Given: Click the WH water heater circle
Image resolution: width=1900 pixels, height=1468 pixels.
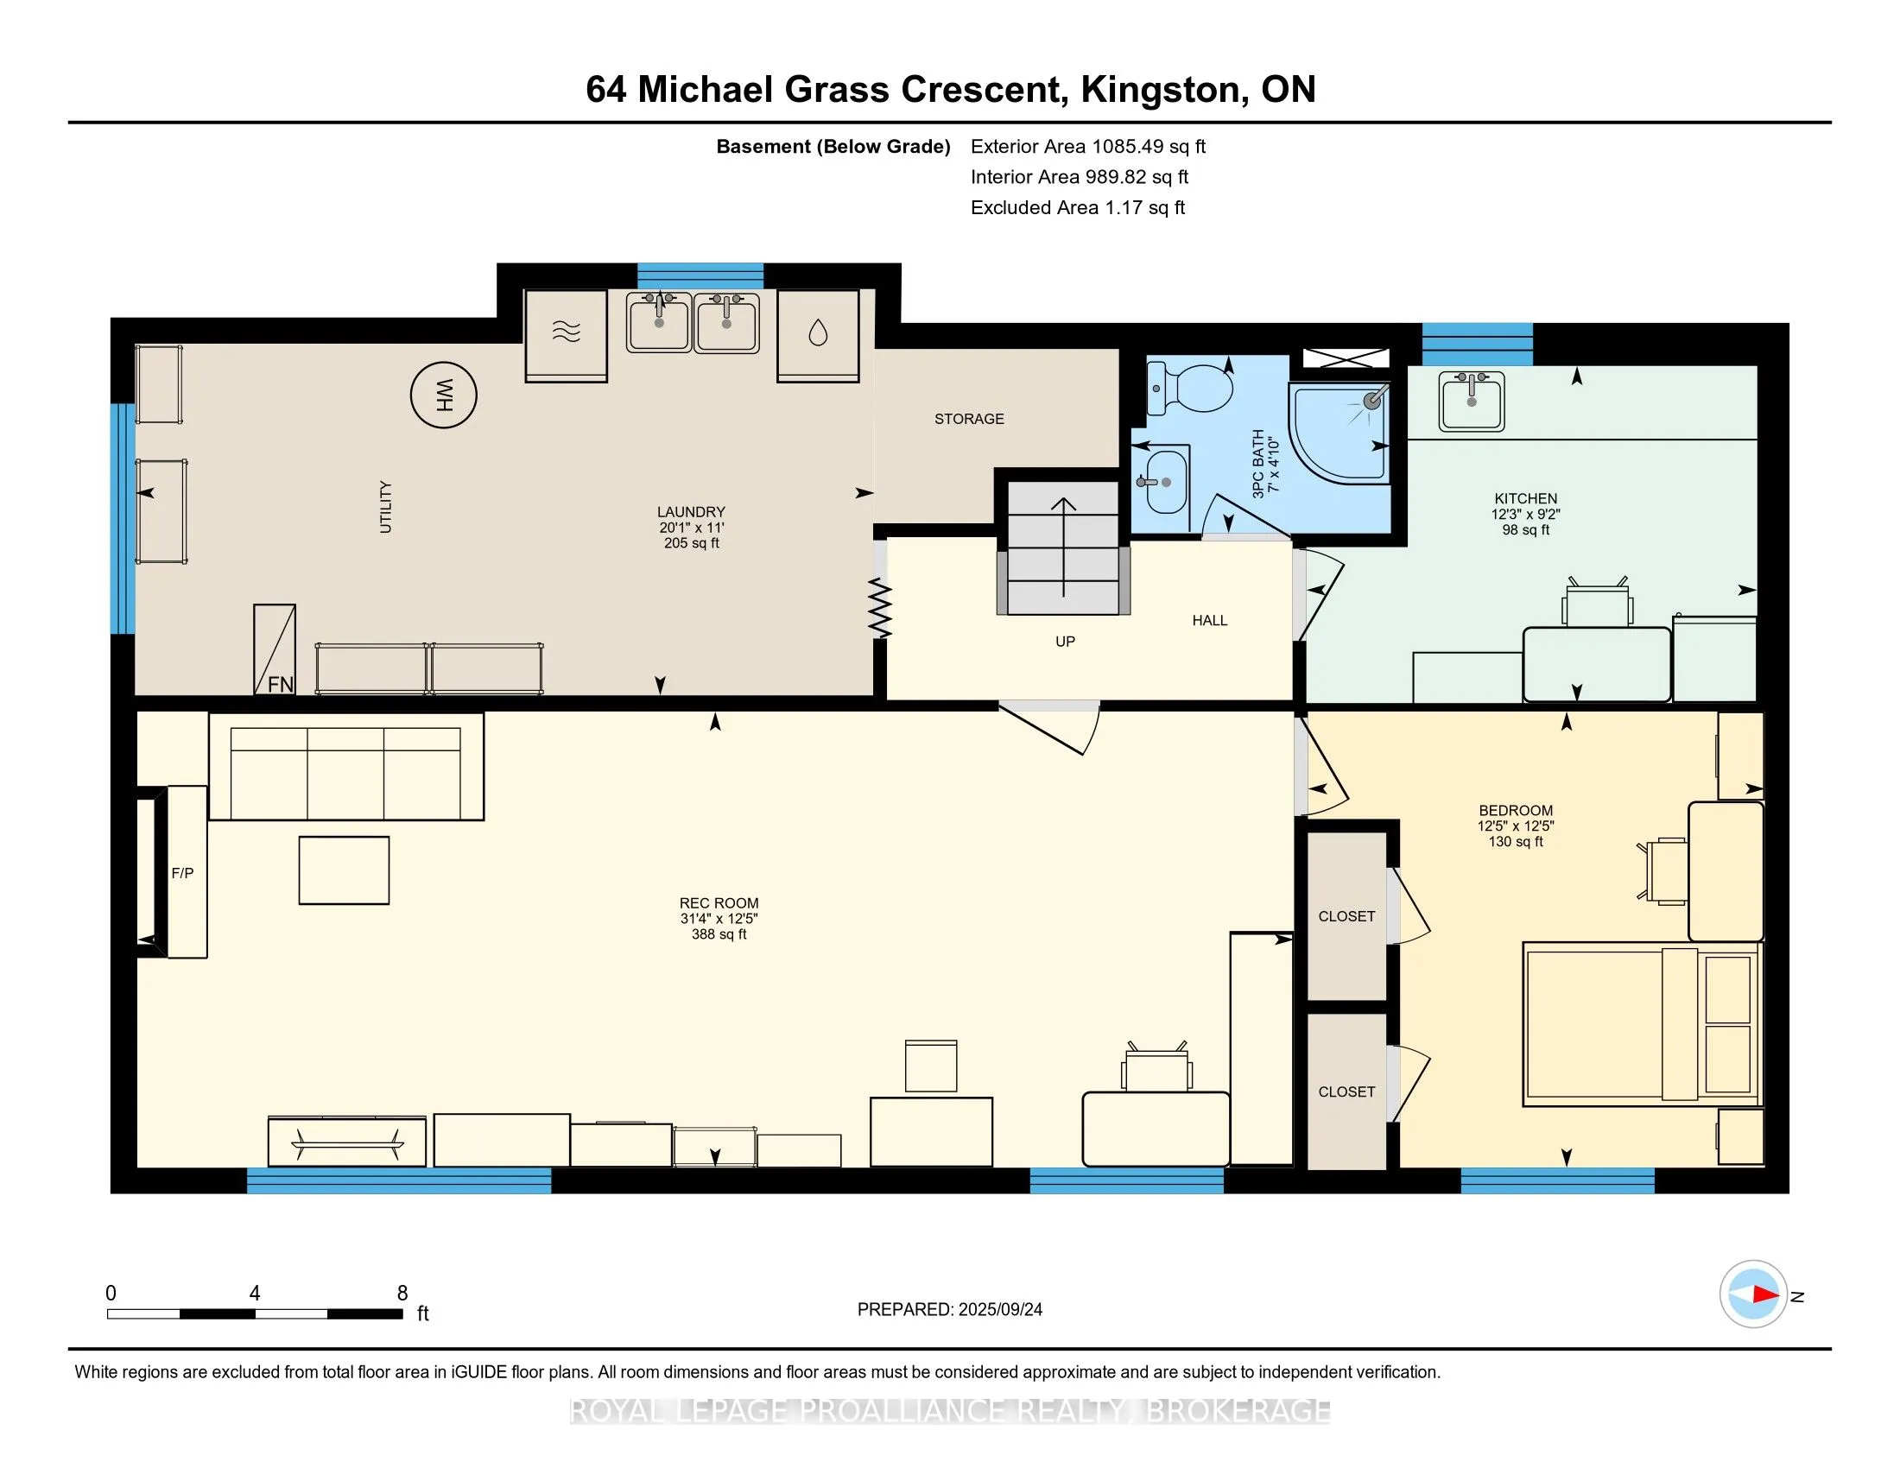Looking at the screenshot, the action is pyautogui.click(x=444, y=395).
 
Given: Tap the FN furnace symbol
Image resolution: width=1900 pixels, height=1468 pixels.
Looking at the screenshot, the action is pyautogui.click(x=274, y=649).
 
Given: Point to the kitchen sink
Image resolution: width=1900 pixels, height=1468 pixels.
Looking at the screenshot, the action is pyautogui.click(x=1472, y=401).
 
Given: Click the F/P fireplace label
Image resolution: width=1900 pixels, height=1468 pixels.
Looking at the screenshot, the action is pyautogui.click(x=183, y=873).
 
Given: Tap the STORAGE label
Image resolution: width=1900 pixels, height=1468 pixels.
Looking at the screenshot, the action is pyautogui.click(x=969, y=419).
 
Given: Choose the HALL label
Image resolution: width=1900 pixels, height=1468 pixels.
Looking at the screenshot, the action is pyautogui.click(x=1210, y=620).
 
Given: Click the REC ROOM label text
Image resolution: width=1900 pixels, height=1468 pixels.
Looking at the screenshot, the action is pyautogui.click(x=719, y=903).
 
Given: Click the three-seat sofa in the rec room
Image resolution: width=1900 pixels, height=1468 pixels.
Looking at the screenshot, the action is pyautogui.click(x=346, y=766).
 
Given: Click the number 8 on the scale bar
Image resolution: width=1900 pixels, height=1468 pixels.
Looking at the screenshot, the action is pyautogui.click(x=402, y=1294).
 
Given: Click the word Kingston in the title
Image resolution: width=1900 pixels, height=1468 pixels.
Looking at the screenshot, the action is pyautogui.click(x=1160, y=90).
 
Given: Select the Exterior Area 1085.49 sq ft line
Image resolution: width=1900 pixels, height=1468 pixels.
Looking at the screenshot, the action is pyautogui.click(x=1088, y=147).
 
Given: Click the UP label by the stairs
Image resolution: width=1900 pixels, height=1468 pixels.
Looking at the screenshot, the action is pyautogui.click(x=1065, y=642).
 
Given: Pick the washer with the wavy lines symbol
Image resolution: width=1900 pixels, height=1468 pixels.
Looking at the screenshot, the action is pyautogui.click(x=567, y=336).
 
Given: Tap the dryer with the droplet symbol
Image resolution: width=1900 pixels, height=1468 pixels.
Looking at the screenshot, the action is pyautogui.click(x=818, y=336).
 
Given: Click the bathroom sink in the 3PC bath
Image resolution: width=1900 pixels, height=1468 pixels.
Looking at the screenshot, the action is pyautogui.click(x=1162, y=483).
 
